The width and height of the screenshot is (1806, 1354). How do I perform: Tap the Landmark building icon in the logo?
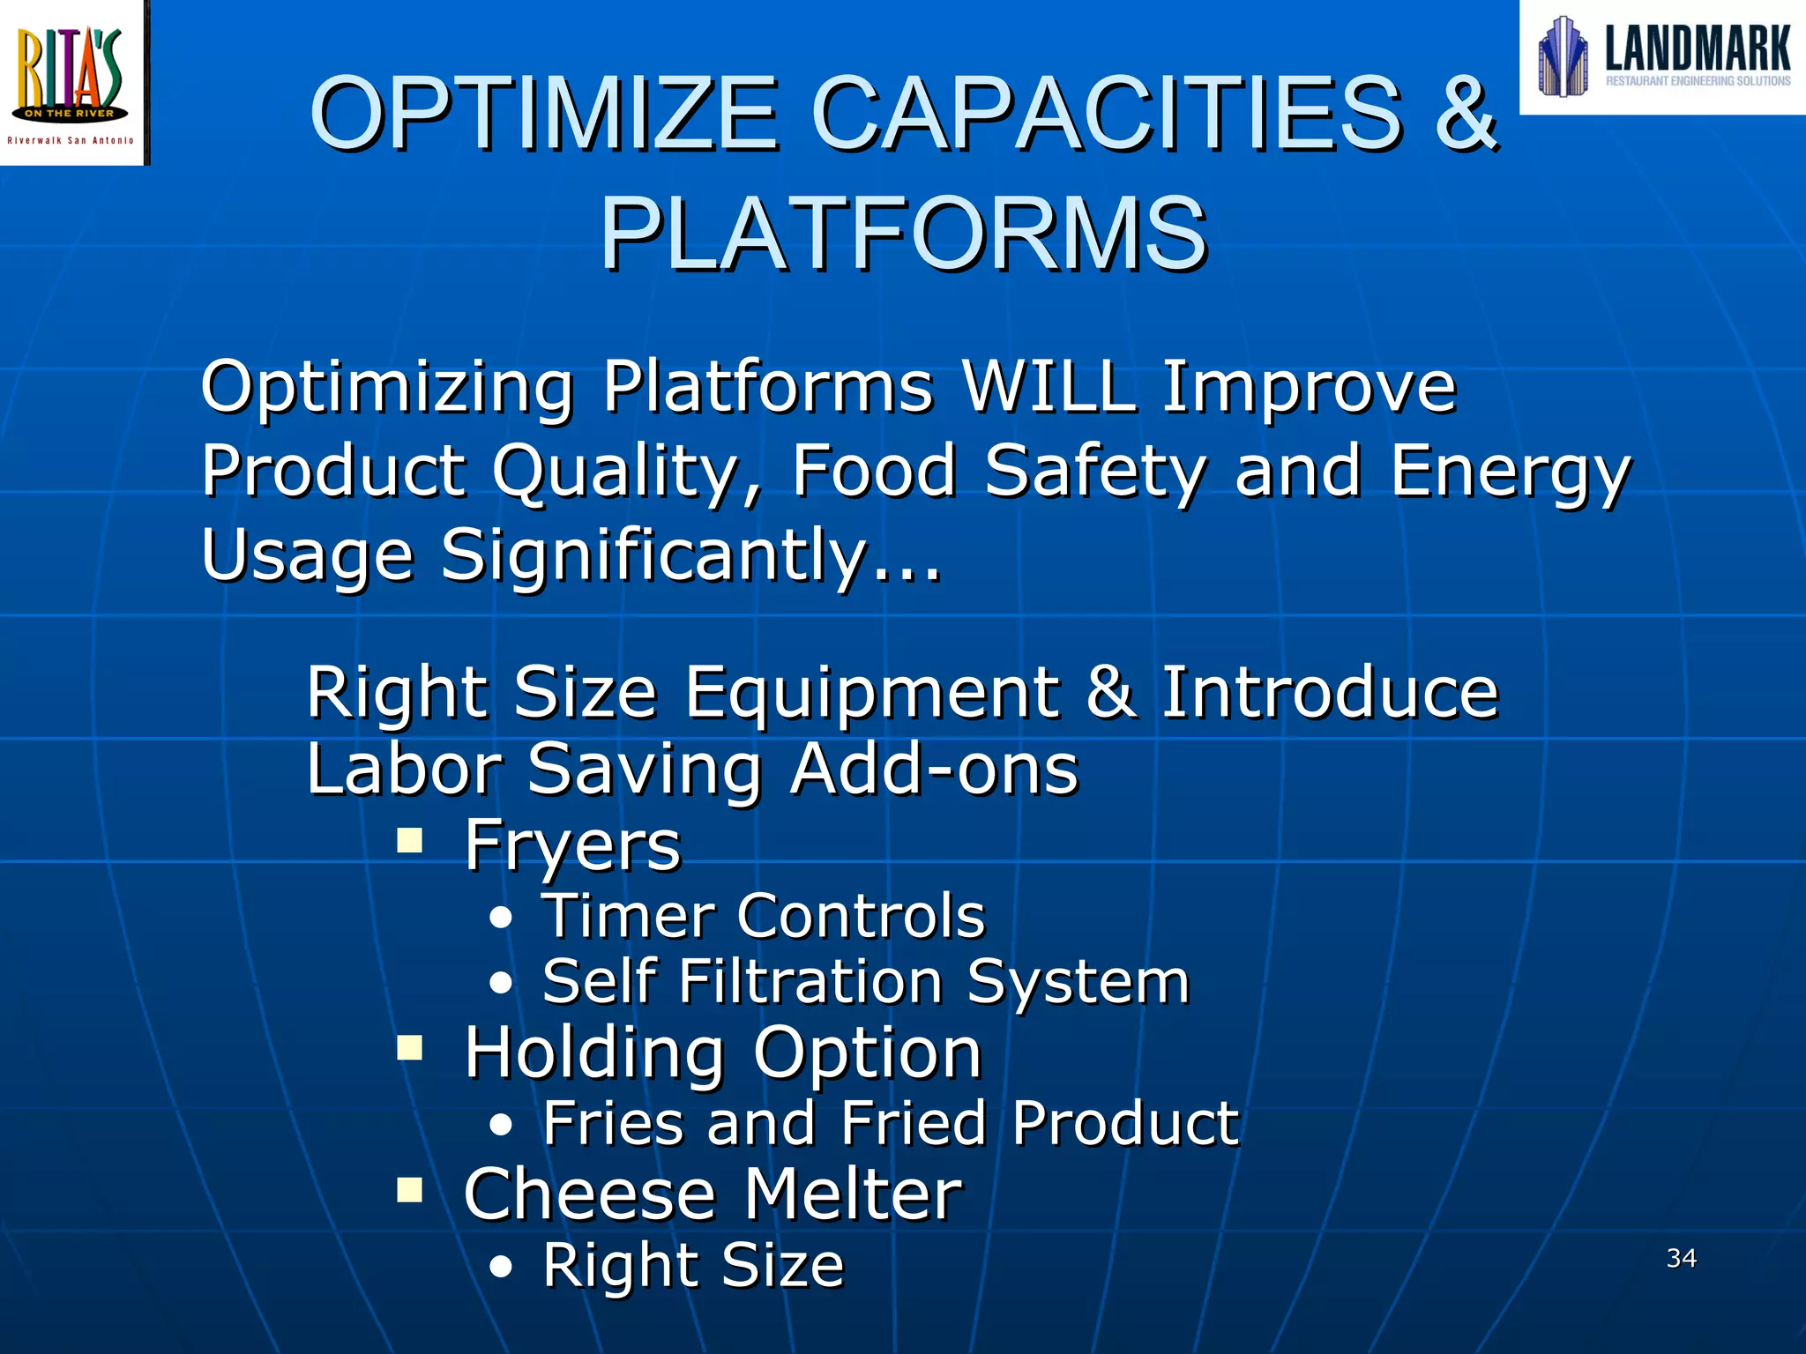[1563, 56]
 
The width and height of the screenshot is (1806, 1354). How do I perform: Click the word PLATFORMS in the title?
[903, 234]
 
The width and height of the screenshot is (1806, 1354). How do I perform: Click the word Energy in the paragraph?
[1511, 472]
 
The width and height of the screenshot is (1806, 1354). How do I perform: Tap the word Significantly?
[653, 555]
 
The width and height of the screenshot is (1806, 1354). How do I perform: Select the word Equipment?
[873, 692]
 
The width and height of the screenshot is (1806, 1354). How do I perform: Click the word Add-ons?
[934, 769]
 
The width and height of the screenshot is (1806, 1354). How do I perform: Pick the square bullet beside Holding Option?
[409, 1048]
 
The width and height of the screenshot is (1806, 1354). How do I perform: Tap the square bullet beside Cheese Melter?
[409, 1190]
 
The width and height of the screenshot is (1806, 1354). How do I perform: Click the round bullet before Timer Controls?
[501, 918]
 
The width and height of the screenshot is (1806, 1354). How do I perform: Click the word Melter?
[853, 1194]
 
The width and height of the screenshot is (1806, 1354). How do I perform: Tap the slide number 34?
[1682, 1258]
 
